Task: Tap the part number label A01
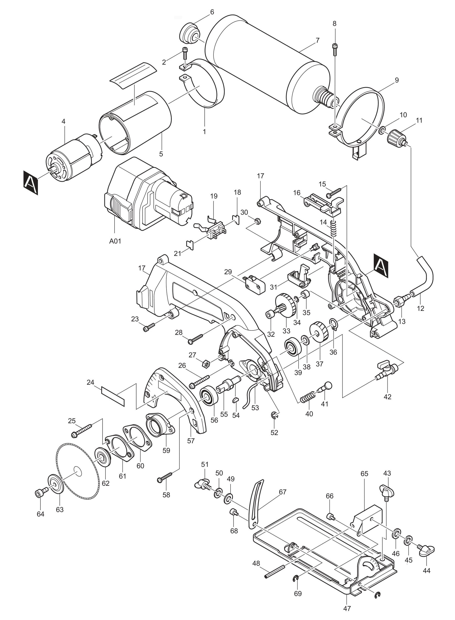tap(115, 241)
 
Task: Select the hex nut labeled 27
tap(206, 364)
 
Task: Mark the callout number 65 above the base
tap(364, 474)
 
